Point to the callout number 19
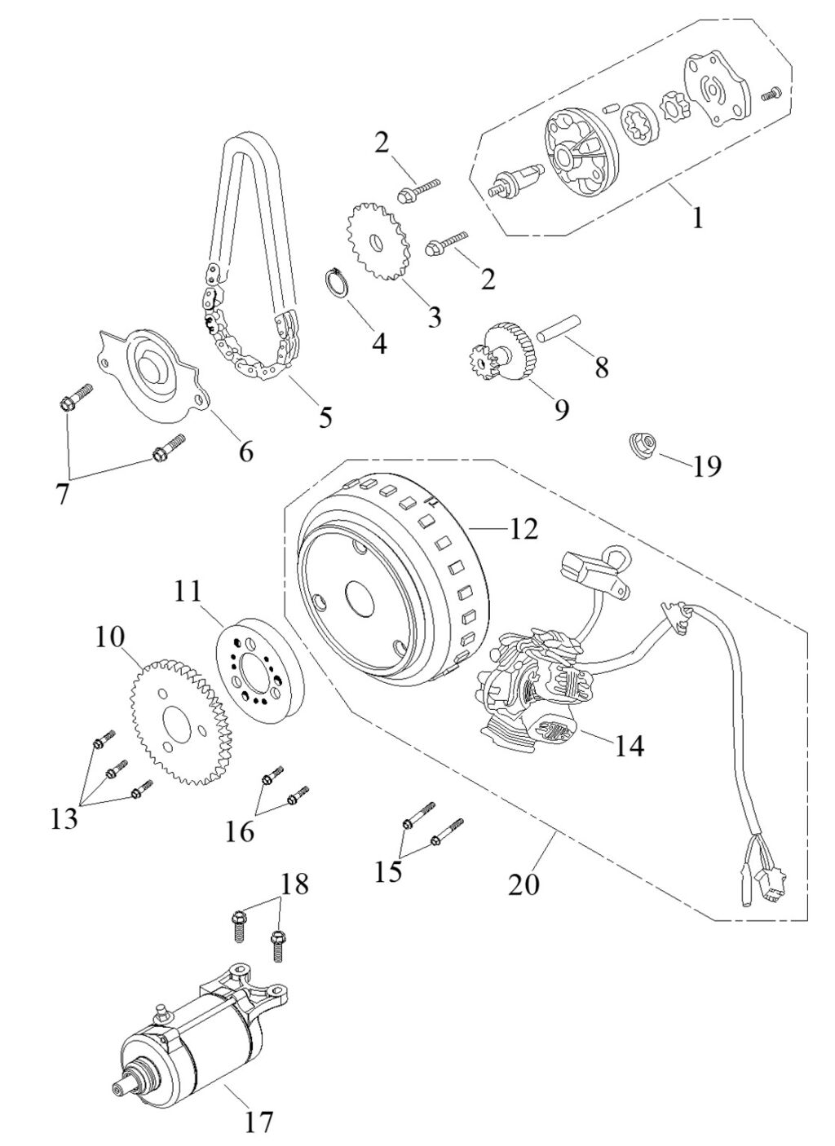click(x=706, y=465)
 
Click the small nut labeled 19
click(x=642, y=444)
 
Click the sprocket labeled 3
click(x=378, y=245)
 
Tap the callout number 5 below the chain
click(x=325, y=417)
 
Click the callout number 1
click(x=696, y=218)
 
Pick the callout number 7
click(x=62, y=494)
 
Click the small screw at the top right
click(x=771, y=95)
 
